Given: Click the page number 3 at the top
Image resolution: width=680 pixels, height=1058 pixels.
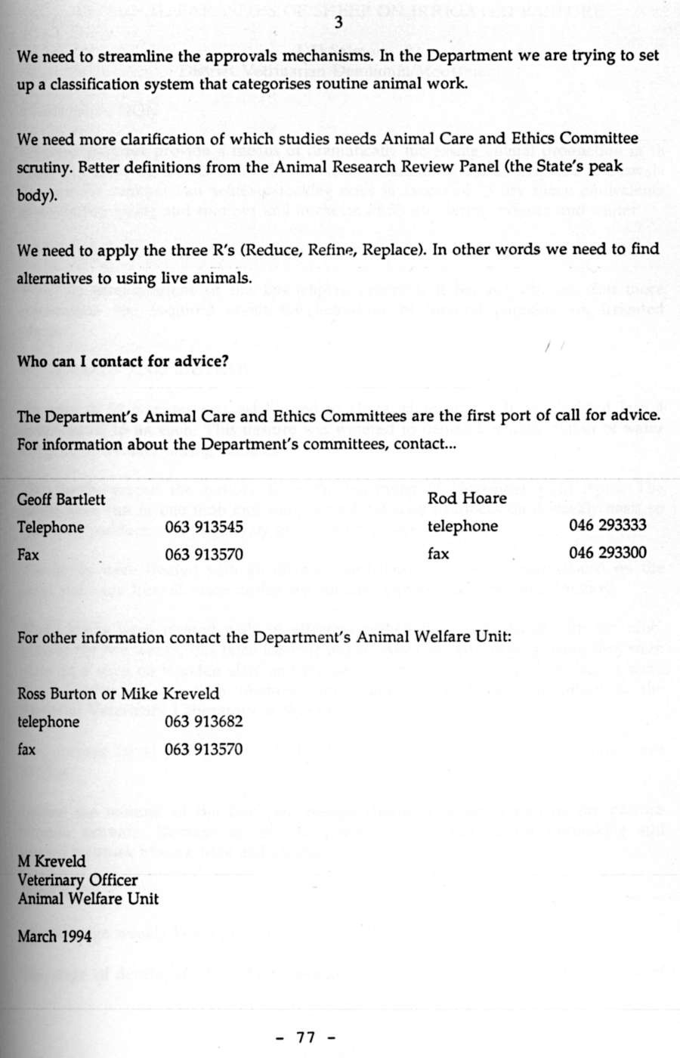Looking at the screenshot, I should coord(338,23).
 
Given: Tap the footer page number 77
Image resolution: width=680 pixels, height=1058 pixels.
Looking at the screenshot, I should coord(306,1037).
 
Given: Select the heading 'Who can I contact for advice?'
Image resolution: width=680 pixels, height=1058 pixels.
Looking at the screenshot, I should coord(122,360).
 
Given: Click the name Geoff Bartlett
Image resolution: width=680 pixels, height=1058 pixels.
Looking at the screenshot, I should coord(61,500).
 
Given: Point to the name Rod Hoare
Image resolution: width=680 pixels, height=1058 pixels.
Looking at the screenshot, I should coord(467,498).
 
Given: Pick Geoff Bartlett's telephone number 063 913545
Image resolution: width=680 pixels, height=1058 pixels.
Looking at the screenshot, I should coord(204,527).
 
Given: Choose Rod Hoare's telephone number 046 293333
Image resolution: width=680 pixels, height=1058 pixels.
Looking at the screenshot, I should coord(607,525).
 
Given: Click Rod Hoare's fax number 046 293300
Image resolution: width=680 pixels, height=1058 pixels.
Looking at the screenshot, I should coord(607,552).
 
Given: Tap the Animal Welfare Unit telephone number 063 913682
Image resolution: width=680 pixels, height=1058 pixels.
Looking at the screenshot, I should coord(204,722).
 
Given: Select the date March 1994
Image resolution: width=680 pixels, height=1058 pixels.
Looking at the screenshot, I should coord(54,936).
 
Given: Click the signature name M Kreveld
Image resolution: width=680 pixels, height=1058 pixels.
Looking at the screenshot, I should coord(51,862).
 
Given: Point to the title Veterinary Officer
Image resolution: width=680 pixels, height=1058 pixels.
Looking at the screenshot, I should coord(78,880).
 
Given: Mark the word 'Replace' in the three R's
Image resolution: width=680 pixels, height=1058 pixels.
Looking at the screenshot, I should coord(400,249).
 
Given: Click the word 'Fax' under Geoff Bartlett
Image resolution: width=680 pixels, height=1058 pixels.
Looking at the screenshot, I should coord(28,555).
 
